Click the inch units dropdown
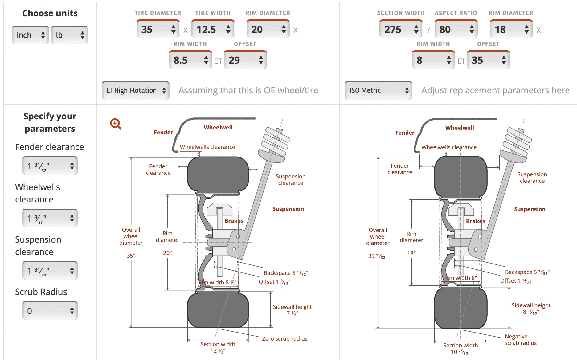tap(30, 35)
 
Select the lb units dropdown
tap(70, 35)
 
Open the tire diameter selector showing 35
tap(158, 29)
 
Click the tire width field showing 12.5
tap(213, 29)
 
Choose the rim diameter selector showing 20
tap(268, 29)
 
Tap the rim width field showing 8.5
tap(190, 60)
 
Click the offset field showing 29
tap(245, 60)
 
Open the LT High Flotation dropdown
tap(136, 90)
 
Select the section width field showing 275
tap(401, 29)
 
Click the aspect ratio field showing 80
tap(456, 29)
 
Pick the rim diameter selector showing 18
tap(511, 29)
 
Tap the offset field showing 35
tap(488, 60)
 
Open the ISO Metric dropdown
tap(379, 90)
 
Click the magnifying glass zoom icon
tap(116, 124)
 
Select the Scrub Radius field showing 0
tap(50, 311)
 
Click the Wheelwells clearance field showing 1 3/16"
tap(50, 218)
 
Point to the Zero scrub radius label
tap(284, 338)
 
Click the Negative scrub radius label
tap(521, 340)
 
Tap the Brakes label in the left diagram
tap(234, 221)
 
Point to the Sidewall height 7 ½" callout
tap(292, 310)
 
